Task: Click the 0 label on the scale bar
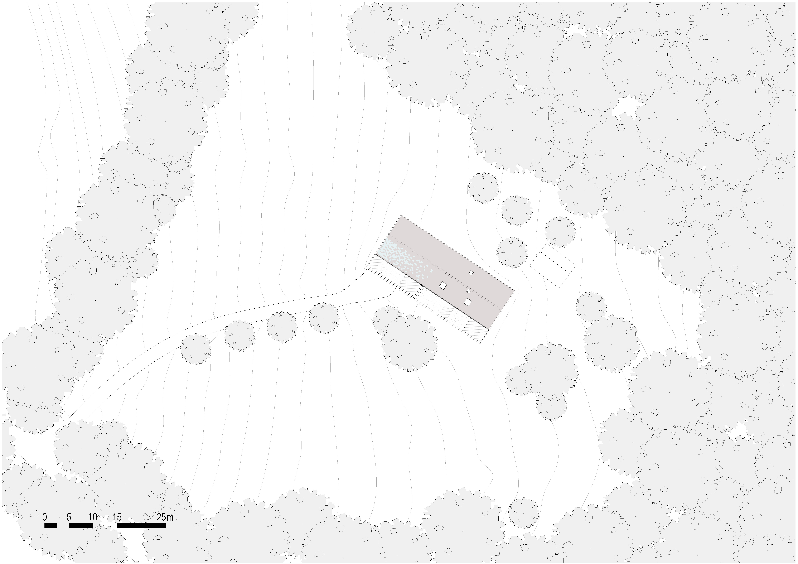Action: pyautogui.click(x=44, y=517)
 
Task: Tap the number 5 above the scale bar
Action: pyautogui.click(x=69, y=517)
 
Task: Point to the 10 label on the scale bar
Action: pyautogui.click(x=93, y=517)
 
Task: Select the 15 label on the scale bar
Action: pyautogui.click(x=117, y=517)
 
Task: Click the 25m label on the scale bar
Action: pyautogui.click(x=165, y=517)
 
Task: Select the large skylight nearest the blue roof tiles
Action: pyautogui.click(x=443, y=286)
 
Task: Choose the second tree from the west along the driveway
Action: pyautogui.click(x=240, y=335)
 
